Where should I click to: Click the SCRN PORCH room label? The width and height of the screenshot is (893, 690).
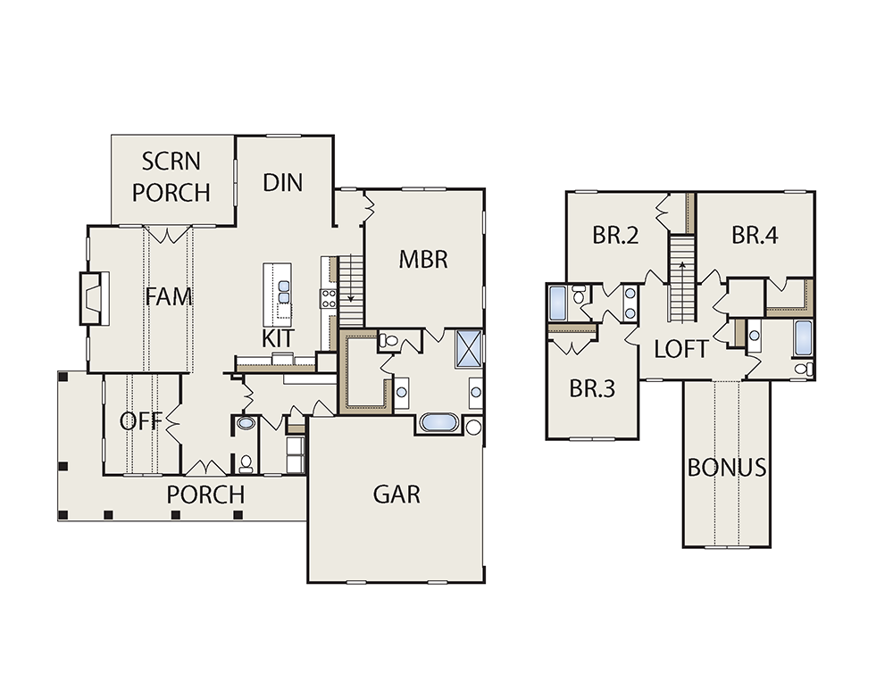click(x=171, y=177)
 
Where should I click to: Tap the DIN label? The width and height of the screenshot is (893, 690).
click(x=282, y=183)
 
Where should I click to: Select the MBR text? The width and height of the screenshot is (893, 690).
click(x=423, y=260)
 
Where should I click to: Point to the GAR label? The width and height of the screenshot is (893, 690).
click(x=396, y=495)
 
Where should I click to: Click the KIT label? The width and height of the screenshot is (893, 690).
click(x=278, y=338)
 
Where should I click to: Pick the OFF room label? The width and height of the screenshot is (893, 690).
click(x=141, y=421)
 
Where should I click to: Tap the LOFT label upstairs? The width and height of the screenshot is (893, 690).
click(x=681, y=349)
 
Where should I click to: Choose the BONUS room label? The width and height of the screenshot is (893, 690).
click(x=727, y=468)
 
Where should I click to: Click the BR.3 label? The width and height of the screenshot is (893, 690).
click(x=592, y=389)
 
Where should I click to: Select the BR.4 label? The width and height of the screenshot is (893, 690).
click(x=755, y=235)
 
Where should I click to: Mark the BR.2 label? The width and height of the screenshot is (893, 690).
click(x=615, y=235)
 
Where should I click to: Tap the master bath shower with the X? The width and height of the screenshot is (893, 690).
click(x=469, y=348)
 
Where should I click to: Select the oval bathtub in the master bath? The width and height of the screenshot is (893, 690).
click(x=439, y=423)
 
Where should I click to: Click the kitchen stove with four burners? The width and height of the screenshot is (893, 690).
click(x=329, y=299)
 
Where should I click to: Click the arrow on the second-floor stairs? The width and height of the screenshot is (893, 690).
click(x=681, y=266)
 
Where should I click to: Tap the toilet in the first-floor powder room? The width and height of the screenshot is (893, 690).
click(x=246, y=463)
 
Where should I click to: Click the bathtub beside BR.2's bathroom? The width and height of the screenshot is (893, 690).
click(x=557, y=303)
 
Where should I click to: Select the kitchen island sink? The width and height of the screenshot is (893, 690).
click(x=284, y=292)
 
